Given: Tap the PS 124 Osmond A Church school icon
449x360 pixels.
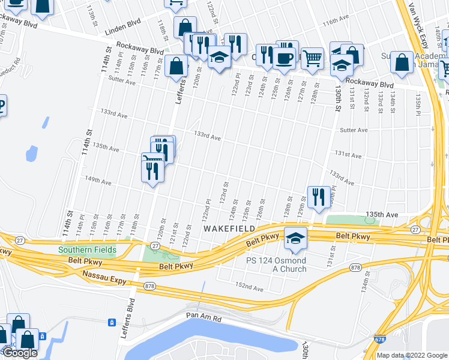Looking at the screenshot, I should (x=295, y=239).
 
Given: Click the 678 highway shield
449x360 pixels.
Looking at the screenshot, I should (x=381, y=338).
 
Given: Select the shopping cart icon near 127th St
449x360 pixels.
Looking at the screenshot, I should (x=312, y=58).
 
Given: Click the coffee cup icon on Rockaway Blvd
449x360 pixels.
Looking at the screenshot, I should (x=285, y=58).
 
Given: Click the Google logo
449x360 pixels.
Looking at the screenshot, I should (x=19, y=353).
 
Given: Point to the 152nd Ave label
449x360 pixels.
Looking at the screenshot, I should (x=249, y=286).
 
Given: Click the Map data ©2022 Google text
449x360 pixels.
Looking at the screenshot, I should (x=412, y=355).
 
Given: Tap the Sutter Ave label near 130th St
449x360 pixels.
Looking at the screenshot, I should (x=354, y=130).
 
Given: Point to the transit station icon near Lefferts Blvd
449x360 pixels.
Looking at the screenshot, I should (x=112, y=322).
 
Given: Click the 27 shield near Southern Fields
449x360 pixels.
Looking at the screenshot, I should (x=155, y=246).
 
